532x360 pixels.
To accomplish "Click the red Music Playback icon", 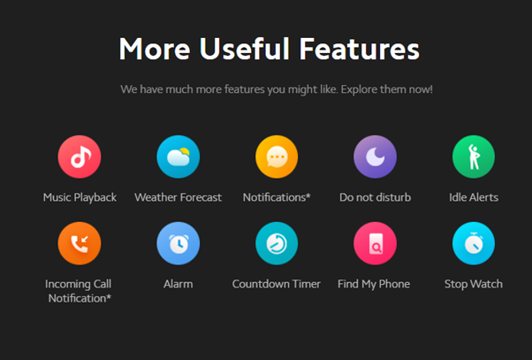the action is [x=80, y=157].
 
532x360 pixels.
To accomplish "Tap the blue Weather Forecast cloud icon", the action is [x=179, y=157].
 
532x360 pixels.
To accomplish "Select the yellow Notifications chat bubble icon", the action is [x=277, y=157].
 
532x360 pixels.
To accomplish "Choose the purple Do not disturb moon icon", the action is [x=375, y=157].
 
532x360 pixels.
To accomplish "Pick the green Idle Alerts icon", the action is [x=474, y=157].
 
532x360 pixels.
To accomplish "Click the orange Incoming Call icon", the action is [x=80, y=243].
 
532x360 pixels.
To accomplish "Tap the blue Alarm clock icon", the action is [x=179, y=243].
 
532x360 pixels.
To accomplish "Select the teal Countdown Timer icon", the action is [x=277, y=243].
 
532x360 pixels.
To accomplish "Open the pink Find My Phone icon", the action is [x=375, y=243].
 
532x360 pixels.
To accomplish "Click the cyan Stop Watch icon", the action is [x=474, y=243].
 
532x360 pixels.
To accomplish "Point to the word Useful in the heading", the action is [x=244, y=49].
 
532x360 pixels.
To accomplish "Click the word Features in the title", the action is [x=360, y=49].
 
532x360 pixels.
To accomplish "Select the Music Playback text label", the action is [x=80, y=197].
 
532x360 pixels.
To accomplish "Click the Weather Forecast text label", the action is [x=179, y=197].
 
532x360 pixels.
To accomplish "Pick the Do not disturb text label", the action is [x=376, y=197].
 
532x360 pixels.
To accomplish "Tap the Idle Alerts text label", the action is [x=474, y=197].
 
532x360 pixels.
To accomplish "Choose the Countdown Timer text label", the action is [x=277, y=284].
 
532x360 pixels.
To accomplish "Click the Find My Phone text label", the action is [x=374, y=284].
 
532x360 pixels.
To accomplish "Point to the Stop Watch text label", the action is [x=474, y=284].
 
